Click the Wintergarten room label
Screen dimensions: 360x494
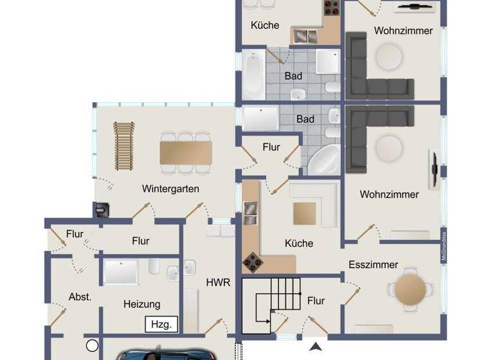(x=170, y=189)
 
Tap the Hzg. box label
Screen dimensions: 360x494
(x=161, y=324)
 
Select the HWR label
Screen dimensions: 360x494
(x=214, y=282)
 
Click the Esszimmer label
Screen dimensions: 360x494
(x=373, y=264)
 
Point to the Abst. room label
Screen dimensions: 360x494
(x=80, y=297)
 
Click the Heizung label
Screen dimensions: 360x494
(x=142, y=304)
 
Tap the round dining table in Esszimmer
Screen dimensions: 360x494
(x=410, y=289)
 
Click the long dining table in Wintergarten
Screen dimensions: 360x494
(x=186, y=152)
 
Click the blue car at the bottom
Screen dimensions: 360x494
(x=154, y=354)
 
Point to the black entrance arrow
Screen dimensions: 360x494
(x=315, y=348)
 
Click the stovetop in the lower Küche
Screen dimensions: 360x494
(x=252, y=262)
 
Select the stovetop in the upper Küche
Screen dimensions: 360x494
(x=332, y=8)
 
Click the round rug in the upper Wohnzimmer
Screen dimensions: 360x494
(x=389, y=57)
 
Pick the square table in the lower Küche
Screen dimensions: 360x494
(x=305, y=213)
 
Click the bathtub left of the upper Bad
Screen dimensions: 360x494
(x=253, y=75)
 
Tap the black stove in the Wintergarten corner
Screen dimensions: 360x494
(x=102, y=210)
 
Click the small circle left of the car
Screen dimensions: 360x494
(x=92, y=345)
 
